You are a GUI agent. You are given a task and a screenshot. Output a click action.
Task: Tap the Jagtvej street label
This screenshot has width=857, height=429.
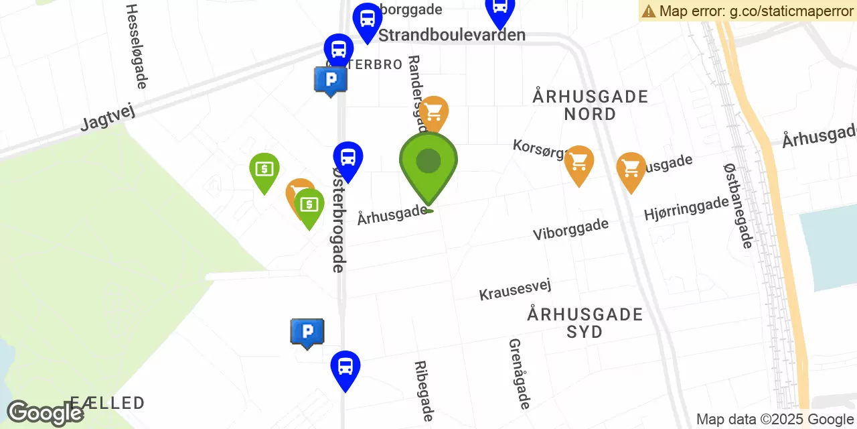[x=108, y=116]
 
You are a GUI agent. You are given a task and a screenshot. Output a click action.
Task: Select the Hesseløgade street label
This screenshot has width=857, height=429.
[x=136, y=46]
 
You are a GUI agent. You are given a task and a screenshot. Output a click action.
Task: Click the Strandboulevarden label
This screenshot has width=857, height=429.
[x=452, y=35]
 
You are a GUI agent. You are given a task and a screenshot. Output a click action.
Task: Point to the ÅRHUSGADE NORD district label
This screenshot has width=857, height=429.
[x=591, y=105]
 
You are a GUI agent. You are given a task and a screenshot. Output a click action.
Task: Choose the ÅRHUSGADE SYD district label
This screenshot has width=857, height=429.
[x=585, y=322]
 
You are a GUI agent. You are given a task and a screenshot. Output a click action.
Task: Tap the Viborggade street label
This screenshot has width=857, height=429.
[x=570, y=229]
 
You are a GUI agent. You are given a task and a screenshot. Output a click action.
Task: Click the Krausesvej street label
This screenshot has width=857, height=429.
[x=515, y=290]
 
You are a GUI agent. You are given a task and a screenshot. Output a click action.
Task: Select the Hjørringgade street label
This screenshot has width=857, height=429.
[x=686, y=208]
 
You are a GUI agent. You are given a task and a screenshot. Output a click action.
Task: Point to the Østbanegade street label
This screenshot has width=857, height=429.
[x=738, y=206]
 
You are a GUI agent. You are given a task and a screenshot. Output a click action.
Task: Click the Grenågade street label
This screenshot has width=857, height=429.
[x=520, y=373]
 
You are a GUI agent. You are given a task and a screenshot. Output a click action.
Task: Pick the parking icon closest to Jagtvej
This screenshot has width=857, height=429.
[x=331, y=80]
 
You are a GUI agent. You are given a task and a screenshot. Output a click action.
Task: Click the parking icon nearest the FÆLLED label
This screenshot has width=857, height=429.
[x=307, y=332]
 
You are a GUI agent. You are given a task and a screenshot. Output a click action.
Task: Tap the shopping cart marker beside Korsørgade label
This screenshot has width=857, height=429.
[x=578, y=162]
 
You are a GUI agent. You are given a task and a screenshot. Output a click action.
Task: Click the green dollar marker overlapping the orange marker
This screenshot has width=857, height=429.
[x=309, y=205]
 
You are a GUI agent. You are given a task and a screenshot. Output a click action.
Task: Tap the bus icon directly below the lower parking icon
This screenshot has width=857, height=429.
[x=345, y=367]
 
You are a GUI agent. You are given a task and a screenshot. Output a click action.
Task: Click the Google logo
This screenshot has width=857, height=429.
[x=44, y=413]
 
